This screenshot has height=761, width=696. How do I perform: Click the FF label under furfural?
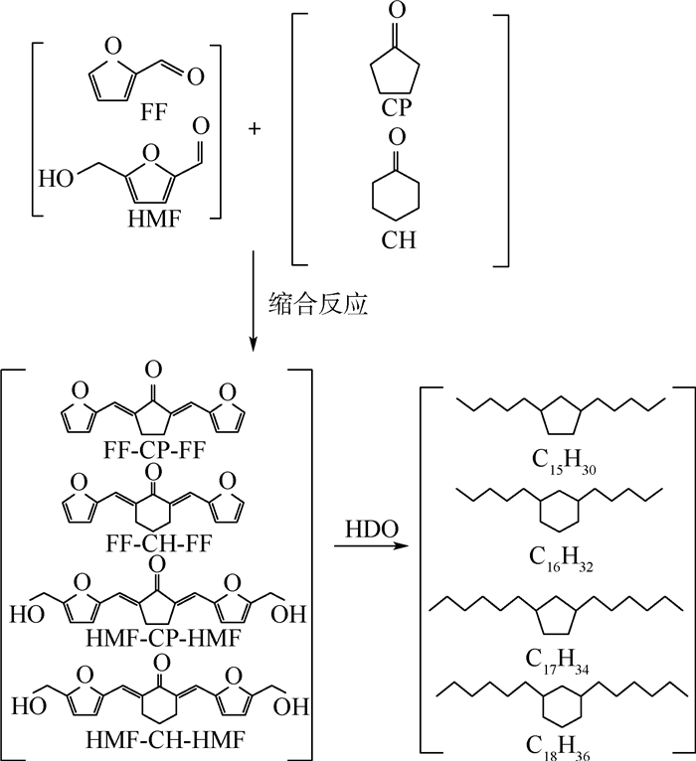(x=153, y=112)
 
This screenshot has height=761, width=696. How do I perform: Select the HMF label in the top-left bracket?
(x=154, y=219)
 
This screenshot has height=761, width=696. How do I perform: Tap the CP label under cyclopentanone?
(x=397, y=107)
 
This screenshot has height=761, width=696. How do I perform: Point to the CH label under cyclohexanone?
(x=399, y=239)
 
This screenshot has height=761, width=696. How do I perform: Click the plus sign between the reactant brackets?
(x=254, y=128)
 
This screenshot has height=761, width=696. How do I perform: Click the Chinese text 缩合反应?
(x=318, y=304)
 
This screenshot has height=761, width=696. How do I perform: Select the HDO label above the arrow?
(x=372, y=529)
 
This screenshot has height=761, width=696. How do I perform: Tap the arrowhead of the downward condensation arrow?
(x=253, y=344)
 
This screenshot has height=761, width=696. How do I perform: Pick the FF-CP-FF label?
(x=154, y=450)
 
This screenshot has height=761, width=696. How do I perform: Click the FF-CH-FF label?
(x=159, y=543)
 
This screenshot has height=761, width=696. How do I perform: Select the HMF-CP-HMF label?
(x=163, y=638)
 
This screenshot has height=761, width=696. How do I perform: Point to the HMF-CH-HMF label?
(x=165, y=740)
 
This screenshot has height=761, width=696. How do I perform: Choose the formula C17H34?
(x=557, y=662)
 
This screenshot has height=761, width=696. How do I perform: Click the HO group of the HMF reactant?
(x=57, y=179)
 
